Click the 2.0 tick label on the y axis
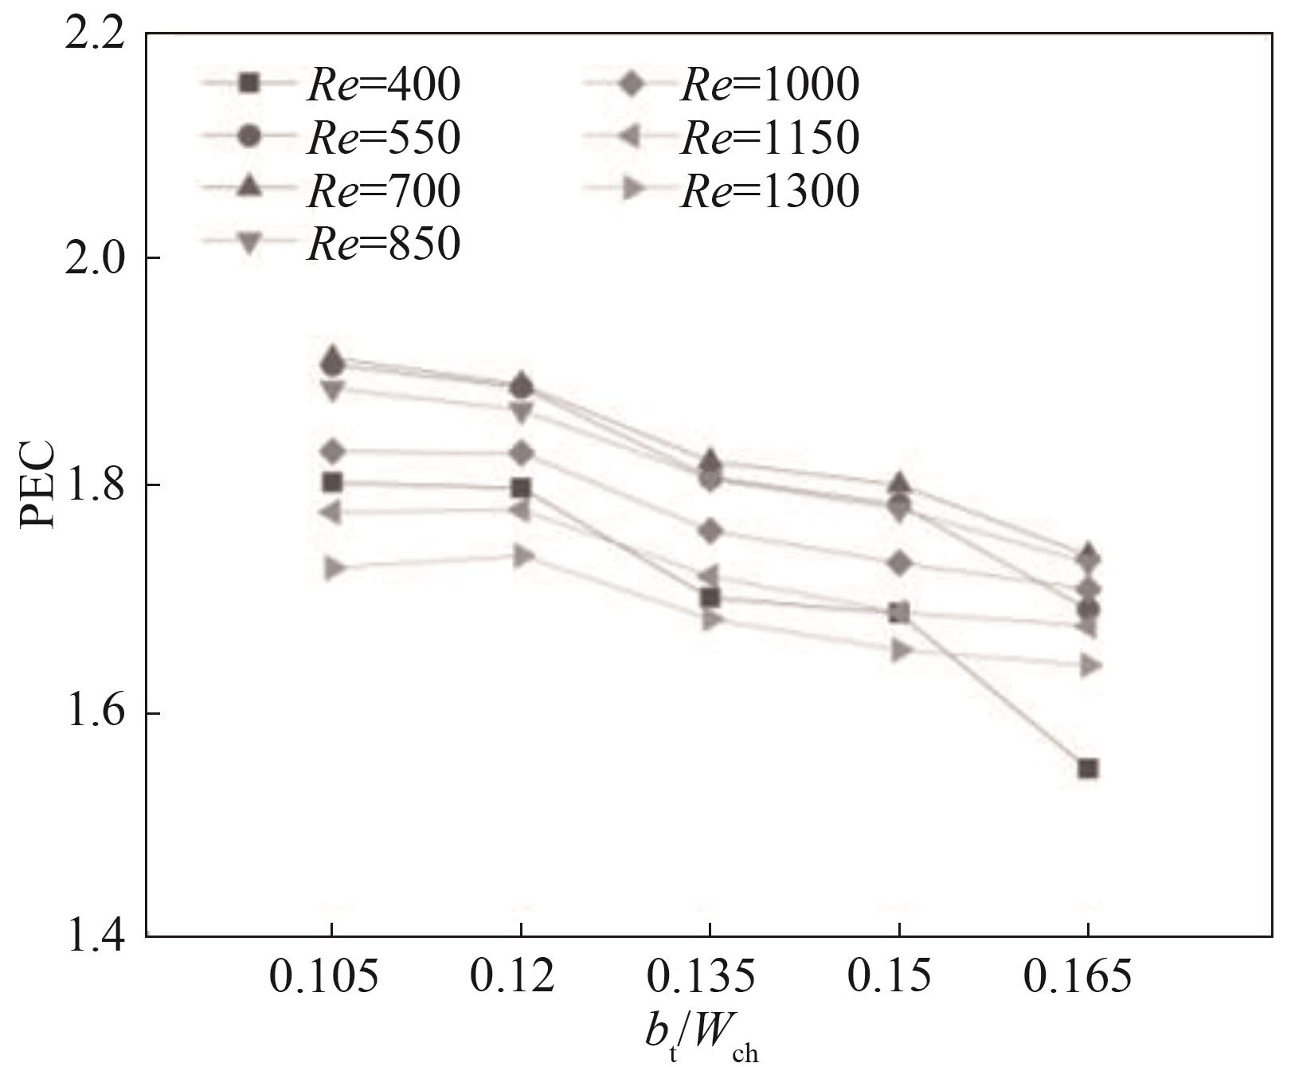click(x=94, y=258)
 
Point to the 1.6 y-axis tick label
click(x=94, y=713)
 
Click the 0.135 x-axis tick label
click(x=701, y=977)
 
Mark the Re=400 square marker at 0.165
click(x=1089, y=768)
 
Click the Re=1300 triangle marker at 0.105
click(x=333, y=568)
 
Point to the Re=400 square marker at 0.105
click(x=333, y=481)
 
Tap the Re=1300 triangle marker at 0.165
click(x=1090, y=665)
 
